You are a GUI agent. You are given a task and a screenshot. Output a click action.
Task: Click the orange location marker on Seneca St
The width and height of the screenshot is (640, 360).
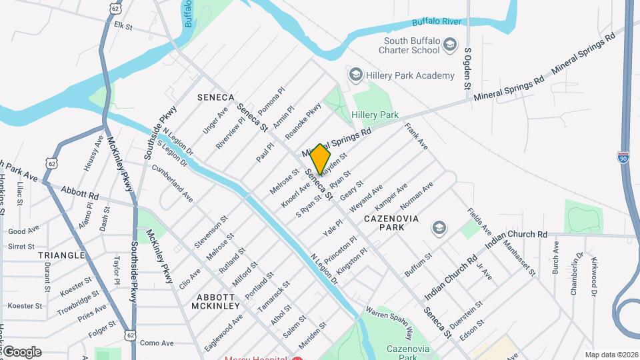(x=320, y=159)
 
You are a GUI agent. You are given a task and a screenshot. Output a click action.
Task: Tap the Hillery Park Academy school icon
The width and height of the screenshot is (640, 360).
(x=355, y=75)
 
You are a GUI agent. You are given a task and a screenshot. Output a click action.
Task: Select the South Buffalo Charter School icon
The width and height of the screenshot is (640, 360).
(x=451, y=45)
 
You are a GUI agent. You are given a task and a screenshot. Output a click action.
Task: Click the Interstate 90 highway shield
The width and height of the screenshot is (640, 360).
(x=623, y=157)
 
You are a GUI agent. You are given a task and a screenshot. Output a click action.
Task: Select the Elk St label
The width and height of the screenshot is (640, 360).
(x=124, y=26)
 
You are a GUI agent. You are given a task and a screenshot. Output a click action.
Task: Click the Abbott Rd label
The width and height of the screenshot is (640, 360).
(x=79, y=193)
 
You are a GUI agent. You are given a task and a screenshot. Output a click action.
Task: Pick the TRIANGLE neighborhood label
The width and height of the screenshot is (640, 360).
(x=61, y=255)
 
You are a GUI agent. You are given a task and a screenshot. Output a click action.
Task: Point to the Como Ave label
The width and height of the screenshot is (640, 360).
(x=156, y=342)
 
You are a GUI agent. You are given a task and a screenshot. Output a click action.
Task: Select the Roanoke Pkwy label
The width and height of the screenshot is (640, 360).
(x=303, y=121)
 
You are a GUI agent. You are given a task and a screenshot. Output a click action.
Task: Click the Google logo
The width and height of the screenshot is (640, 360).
(x=21, y=352)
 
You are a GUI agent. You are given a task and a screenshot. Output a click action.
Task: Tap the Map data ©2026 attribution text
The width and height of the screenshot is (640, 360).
(x=611, y=355)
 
